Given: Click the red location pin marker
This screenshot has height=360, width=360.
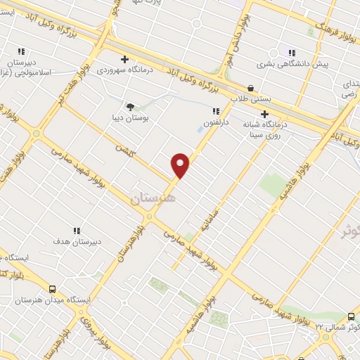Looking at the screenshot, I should (x=181, y=165).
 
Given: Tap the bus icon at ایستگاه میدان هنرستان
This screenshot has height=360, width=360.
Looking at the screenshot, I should (x=53, y=288).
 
